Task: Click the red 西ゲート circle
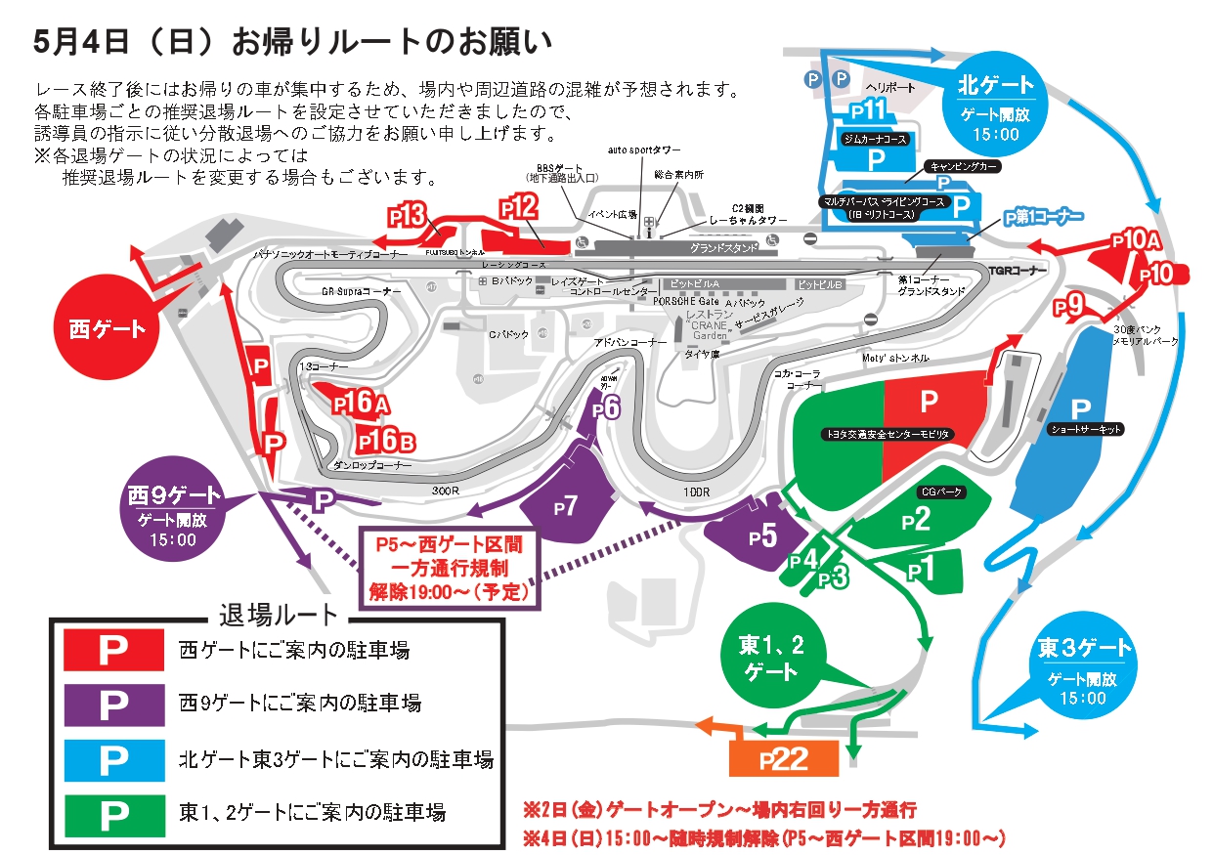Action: point(107,329)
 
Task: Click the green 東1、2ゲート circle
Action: point(771,659)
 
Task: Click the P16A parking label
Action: point(361,402)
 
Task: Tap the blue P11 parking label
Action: point(867,108)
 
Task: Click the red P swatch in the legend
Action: point(113,650)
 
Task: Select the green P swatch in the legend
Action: point(113,810)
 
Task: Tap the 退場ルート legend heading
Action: point(278,616)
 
